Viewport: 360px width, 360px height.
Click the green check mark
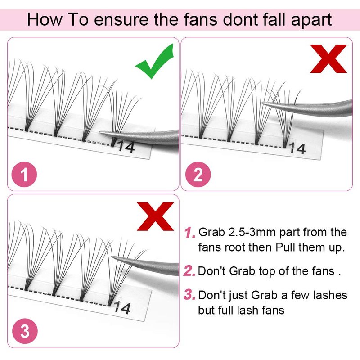[x=155, y=61]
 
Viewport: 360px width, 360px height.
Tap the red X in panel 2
[x=328, y=59]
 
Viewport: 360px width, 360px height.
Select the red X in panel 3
[x=155, y=216]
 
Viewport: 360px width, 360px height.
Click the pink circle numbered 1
[x=24, y=175]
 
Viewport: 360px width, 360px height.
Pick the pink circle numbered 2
[x=198, y=175]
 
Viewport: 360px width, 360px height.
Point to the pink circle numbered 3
[x=25, y=331]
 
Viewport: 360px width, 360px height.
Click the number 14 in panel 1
[x=126, y=147]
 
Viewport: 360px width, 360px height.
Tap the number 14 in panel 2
[x=297, y=148]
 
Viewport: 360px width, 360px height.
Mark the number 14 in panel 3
[x=122, y=307]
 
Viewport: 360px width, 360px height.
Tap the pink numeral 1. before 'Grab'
[x=189, y=232]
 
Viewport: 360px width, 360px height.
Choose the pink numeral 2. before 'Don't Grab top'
[x=189, y=271]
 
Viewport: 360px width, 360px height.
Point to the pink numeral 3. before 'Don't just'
[x=189, y=295]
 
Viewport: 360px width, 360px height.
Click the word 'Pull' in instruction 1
[x=285, y=247]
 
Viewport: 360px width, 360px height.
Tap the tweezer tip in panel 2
[x=262, y=104]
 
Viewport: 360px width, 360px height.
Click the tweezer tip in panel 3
[x=112, y=256]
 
